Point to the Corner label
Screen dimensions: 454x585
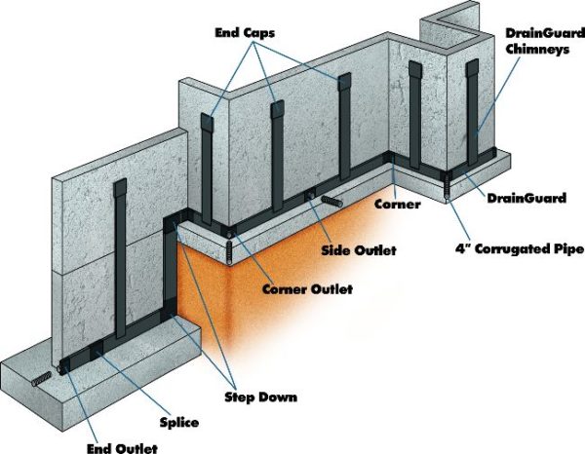(397, 206)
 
